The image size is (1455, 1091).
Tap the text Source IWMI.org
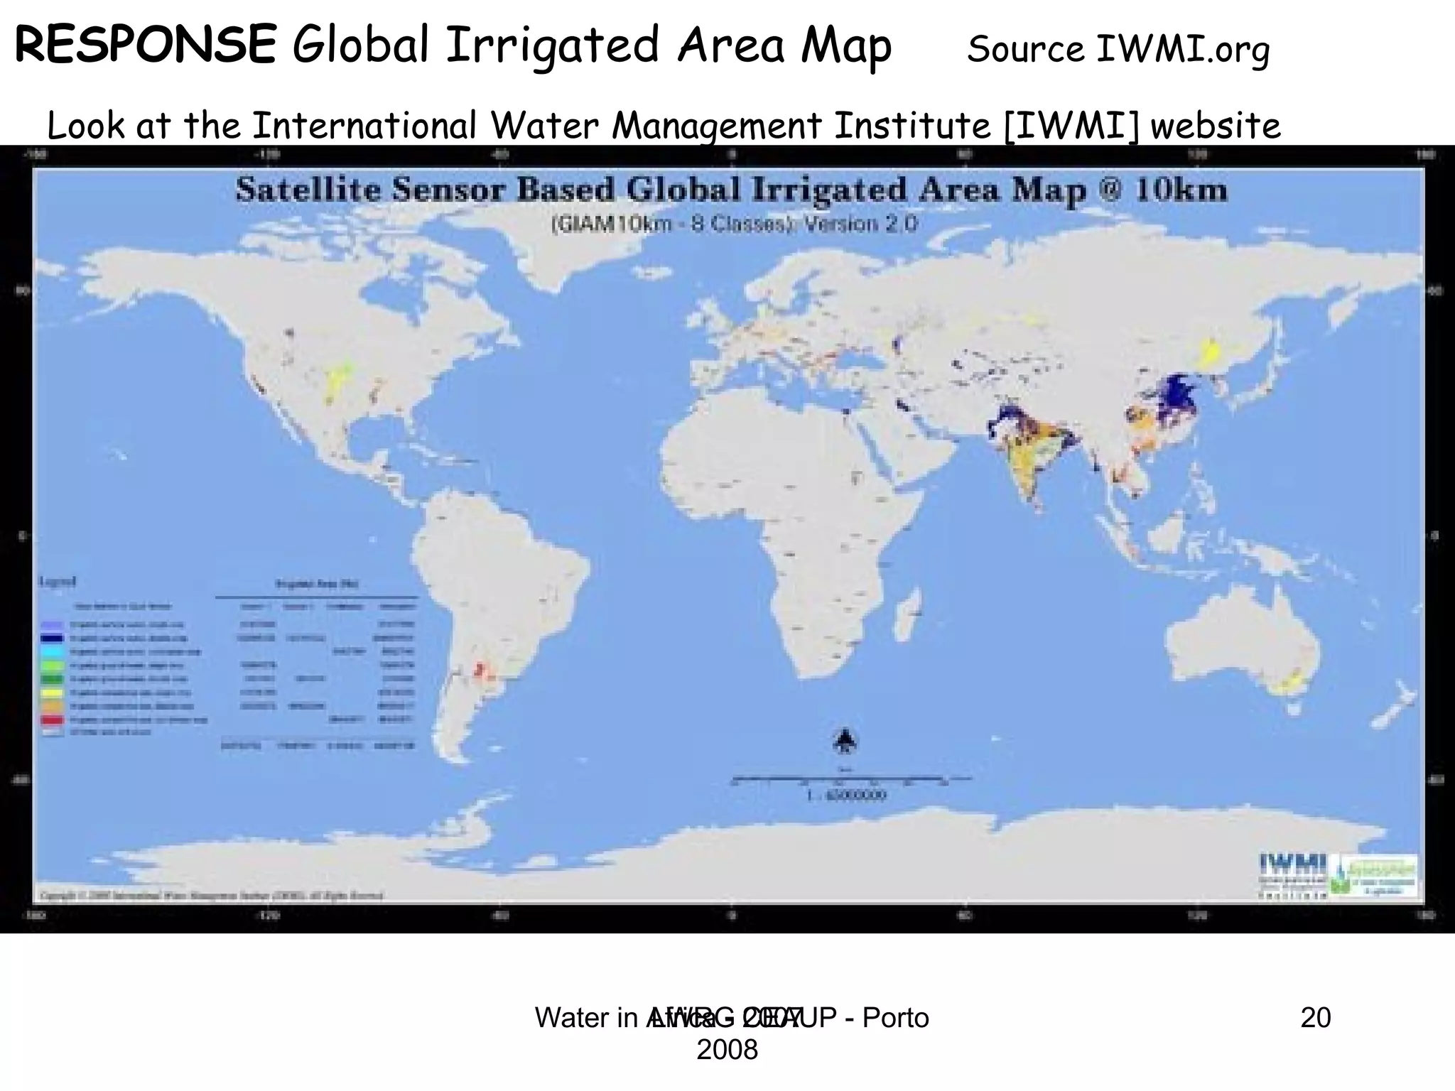pyautogui.click(x=1118, y=50)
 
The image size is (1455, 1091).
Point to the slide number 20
pyautogui.click(x=1315, y=1018)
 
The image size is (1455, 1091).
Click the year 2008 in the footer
pyautogui.click(x=727, y=1049)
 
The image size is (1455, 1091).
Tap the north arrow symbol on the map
pyautogui.click(x=844, y=742)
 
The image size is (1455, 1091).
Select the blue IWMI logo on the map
pyautogui.click(x=1293, y=864)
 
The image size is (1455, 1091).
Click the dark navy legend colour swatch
pyautogui.click(x=56, y=638)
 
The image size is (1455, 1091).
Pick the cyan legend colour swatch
pyautogui.click(x=56, y=651)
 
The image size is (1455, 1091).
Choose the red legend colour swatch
pyautogui.click(x=56, y=720)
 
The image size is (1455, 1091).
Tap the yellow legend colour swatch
pyautogui.click(x=56, y=693)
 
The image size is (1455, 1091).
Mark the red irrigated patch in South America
pyautogui.click(x=480, y=669)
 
